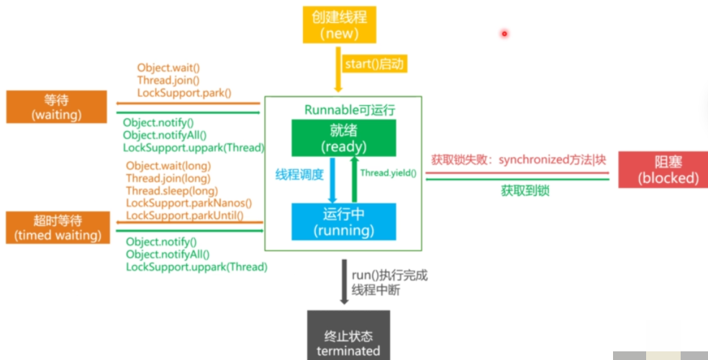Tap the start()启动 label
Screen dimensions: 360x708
pos(375,64)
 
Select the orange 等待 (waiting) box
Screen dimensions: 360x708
pos(56,107)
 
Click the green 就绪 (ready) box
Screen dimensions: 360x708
pos(343,138)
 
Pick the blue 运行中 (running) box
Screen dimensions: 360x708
pos(343,222)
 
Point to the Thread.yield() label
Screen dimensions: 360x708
pos(388,173)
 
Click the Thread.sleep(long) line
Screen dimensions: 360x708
pos(171,191)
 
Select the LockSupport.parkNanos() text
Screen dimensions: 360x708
pos(189,203)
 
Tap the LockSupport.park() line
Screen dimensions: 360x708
pos(183,93)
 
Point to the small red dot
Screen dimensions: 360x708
pos(504,33)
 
